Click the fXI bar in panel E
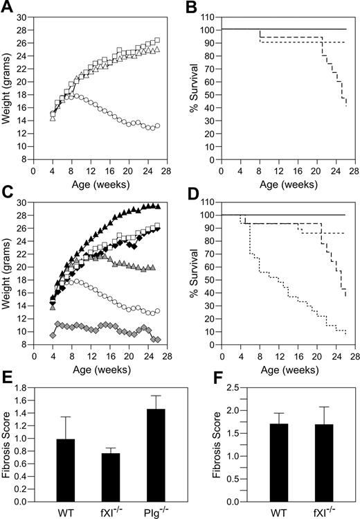100,477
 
